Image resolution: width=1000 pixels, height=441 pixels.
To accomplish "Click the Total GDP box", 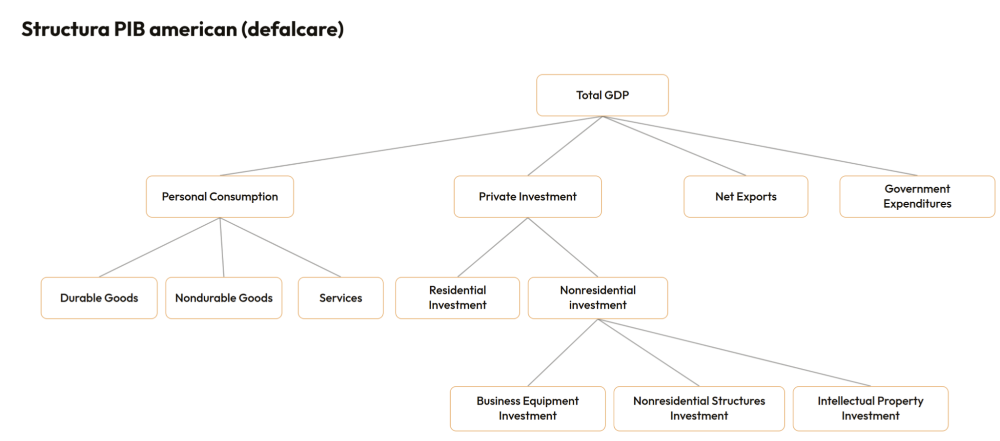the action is coord(602,95).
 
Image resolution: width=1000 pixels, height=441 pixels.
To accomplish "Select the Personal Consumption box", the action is coord(220,196).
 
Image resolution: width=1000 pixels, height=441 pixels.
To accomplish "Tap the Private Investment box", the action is coord(528,196).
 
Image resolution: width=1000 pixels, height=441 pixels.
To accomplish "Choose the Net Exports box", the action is coord(746,196).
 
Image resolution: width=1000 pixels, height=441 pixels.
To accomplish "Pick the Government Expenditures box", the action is coord(917,196).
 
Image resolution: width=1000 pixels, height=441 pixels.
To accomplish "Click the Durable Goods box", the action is coord(99,298).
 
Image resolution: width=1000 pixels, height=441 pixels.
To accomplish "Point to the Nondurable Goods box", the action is coord(224,298).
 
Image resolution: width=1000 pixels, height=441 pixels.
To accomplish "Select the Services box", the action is coord(341,298).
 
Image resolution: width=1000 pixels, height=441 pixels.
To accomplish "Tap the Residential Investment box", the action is coord(458,298).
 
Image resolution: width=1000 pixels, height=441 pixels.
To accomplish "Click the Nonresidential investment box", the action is coord(598,298).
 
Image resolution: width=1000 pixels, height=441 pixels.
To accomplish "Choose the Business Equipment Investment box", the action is coord(528,408).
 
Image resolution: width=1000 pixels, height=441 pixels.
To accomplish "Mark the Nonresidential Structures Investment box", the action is coord(699,408).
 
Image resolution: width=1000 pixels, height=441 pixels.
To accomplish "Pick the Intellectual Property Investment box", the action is coord(870,408).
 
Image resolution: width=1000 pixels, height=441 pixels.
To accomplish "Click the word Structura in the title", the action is coord(66,29).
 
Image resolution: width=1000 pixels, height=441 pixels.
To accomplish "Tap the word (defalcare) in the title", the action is coord(293,30).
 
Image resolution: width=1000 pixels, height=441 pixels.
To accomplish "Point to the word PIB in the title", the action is coord(130,29).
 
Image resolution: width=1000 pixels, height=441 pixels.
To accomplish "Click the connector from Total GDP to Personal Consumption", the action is coord(411,146).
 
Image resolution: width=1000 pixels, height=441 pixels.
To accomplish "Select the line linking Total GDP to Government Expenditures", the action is coord(760,146).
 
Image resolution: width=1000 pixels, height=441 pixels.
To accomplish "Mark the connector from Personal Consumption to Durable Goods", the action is coord(160,247).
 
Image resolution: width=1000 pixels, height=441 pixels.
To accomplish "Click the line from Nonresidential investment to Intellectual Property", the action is coord(734,352).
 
